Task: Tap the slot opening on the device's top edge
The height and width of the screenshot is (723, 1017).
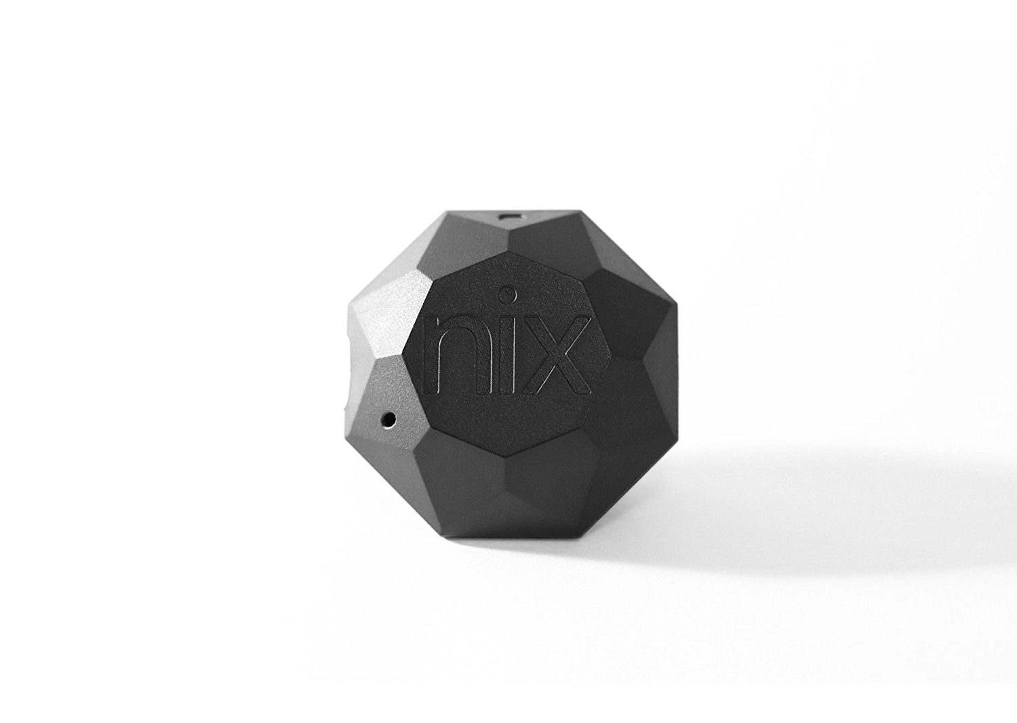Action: [x=512, y=216]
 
